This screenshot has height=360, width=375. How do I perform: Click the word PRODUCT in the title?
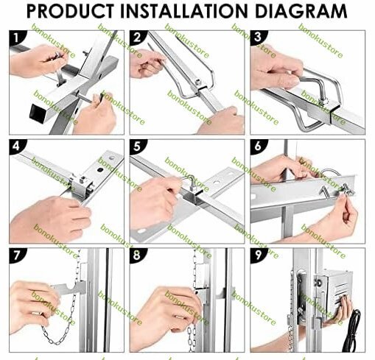pos(70,11)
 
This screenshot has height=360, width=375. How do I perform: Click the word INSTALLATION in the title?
pos(184,11)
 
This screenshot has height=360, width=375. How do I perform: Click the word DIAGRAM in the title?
pos(301,11)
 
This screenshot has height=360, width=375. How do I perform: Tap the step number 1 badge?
pos(17,38)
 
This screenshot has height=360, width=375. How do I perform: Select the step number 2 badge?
pos(137,38)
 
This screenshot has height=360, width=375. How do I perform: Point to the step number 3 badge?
pos(258,38)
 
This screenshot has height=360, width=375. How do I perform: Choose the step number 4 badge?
pos(17,147)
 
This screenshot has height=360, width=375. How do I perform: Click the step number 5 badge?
pos(137,147)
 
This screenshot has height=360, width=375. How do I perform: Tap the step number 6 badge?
pos(258,147)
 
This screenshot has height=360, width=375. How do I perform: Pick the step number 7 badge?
pos(17,255)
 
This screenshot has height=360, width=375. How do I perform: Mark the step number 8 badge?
pos(137,255)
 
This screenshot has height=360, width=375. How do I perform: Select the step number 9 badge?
pos(258,255)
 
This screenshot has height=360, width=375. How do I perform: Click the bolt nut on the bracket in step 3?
pos(324,102)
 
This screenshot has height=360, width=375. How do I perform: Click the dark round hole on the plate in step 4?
pos(100,169)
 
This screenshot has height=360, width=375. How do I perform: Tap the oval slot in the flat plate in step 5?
pos(141,231)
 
